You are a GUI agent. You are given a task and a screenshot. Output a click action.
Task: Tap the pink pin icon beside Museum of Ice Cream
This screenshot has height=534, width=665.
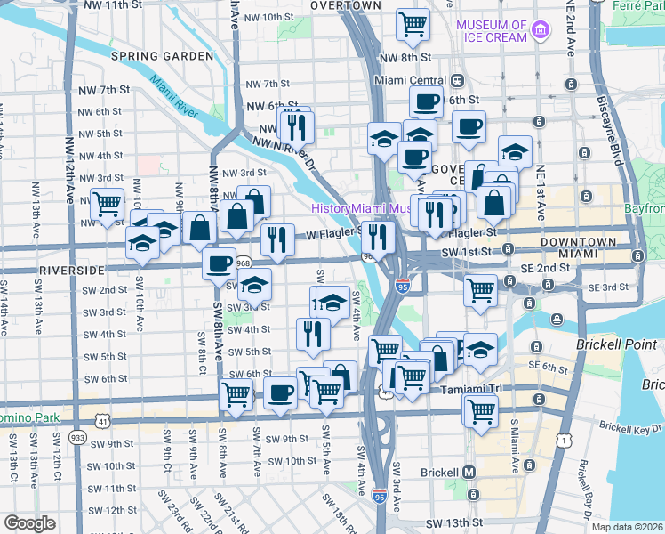pyautogui.click(x=540, y=33)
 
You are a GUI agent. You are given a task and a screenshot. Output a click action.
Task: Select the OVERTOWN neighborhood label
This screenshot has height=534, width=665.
pyautogui.click(x=346, y=5)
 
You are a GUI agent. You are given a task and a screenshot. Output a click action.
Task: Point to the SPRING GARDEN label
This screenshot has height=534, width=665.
pyautogui.click(x=162, y=56)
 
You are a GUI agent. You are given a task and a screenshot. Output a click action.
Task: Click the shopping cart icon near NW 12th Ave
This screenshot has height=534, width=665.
pyautogui.click(x=108, y=203)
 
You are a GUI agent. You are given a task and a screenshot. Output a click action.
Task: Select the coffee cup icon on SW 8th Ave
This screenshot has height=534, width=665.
pyautogui.click(x=219, y=263)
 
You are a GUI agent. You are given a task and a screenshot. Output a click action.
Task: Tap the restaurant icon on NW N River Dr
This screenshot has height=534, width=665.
pyautogui.click(x=296, y=126)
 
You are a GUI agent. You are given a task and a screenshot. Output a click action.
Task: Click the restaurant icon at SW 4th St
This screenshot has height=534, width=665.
pyautogui.click(x=312, y=333)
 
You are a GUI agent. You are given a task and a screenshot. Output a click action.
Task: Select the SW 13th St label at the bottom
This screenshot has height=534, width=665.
pyautogui.click(x=453, y=523)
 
